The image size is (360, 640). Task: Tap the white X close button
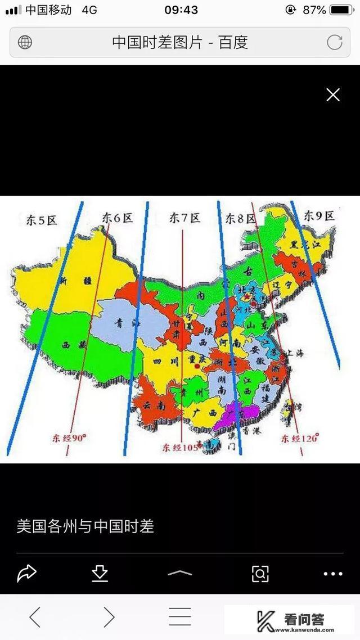(333, 95)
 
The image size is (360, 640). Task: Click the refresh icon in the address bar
(335, 42)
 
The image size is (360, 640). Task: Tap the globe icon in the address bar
(25, 42)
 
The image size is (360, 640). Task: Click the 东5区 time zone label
(42, 220)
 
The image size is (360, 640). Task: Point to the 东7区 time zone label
(184, 218)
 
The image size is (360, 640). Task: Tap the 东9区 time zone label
(319, 215)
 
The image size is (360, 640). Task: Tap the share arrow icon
(26, 573)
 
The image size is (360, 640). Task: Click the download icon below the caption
(100, 573)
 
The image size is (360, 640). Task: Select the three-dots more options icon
(333, 574)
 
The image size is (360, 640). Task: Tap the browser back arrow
(35, 618)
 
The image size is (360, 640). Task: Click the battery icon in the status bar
(342, 10)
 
